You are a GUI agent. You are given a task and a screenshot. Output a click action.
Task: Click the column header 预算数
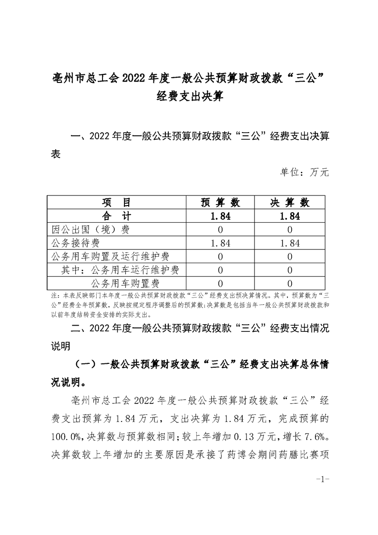coord(220,202)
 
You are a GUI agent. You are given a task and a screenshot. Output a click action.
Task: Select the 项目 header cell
coord(116,202)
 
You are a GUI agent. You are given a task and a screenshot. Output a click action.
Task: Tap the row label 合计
coord(116,216)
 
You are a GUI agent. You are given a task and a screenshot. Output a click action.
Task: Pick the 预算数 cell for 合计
coord(220,216)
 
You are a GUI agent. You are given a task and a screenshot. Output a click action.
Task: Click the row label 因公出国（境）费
coord(90,229)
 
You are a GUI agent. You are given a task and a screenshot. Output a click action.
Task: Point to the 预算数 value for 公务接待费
coord(220,243)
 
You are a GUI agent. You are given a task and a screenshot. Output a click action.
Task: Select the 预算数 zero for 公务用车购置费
coord(220,284)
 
